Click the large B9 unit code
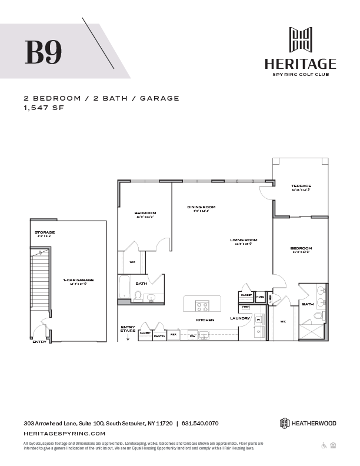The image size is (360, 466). pos(43,52)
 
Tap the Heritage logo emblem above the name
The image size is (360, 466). pos(300,40)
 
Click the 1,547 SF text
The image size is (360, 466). pos(43,109)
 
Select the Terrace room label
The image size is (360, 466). pos(301,186)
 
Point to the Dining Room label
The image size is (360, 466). pos(202,207)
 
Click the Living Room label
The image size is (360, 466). pos(244,240)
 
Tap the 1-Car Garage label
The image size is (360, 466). pos(79,280)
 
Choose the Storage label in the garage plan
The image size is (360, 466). pos(44,232)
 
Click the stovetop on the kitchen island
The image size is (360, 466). pos(202,306)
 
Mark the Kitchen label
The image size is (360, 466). pos(205,319)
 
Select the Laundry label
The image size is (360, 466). pos(240,318)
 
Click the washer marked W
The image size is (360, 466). pos(258,320)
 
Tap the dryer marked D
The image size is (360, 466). pos(258,331)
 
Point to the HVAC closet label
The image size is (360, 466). pos(261,297)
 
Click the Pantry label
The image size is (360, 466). pos(159,336)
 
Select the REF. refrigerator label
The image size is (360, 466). pos(174,334)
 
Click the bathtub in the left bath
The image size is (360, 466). pos(124,288)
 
